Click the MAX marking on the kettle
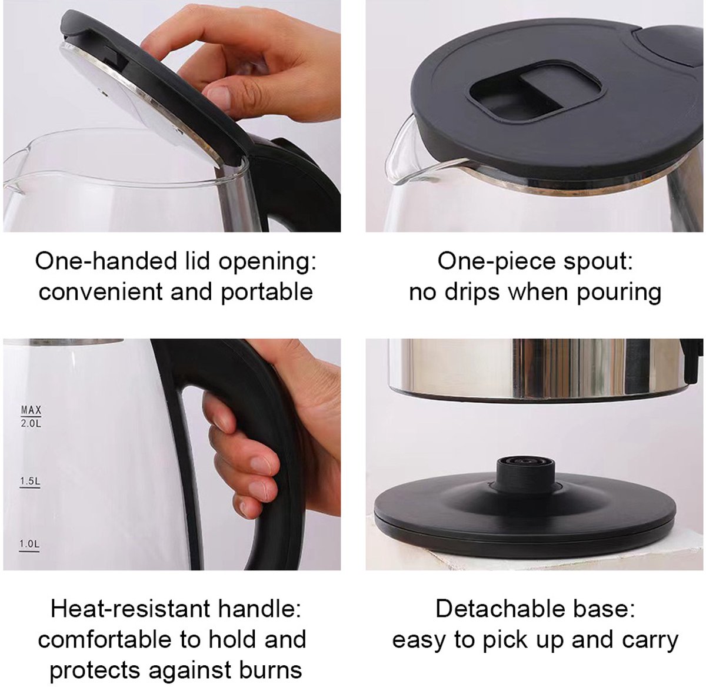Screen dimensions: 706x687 pos(31,410)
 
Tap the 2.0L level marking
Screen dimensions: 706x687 pos(31,423)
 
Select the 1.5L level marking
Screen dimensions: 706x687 pos(30,481)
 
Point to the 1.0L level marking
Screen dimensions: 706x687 pos(29,543)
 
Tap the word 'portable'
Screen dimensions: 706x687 pos(267,293)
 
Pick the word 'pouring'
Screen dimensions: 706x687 pos(618,293)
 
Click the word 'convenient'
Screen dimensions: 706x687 pos(101,293)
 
